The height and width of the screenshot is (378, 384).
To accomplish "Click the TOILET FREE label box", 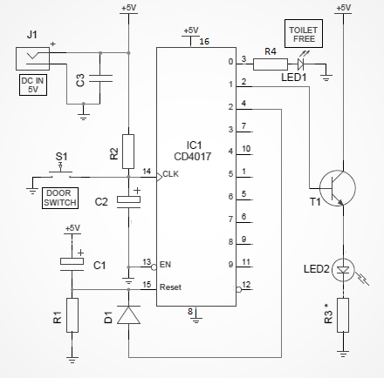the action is pos(304,34).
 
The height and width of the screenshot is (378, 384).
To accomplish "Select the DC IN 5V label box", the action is pos(33,84).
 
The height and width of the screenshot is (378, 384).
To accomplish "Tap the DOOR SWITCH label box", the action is pos(60,198).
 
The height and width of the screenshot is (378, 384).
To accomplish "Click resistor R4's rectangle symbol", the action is pos(271,64).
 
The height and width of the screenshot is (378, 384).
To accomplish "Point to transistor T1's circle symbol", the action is pos(337,188).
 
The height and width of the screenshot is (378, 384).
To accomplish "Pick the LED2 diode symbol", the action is pos(343,270).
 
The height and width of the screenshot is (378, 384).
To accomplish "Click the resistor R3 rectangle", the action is pos(343,315).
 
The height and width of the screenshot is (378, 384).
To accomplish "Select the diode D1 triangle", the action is pos(128,314).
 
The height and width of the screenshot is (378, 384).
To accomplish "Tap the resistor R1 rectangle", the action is pos(72,315).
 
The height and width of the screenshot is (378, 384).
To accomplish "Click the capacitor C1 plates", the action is pos(72,263).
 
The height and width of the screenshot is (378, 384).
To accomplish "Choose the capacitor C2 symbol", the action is pos(128,201).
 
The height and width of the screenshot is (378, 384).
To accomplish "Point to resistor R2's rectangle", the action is pos(128,152).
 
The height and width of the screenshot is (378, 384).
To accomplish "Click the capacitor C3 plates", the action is pos(100,78).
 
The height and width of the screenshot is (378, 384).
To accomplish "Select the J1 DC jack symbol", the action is pos(32,58).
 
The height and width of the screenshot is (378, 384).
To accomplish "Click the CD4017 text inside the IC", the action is pos(193,157).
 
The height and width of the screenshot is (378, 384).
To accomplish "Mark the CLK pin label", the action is pos(171,174).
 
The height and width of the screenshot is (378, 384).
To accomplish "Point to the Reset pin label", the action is pos(170,287).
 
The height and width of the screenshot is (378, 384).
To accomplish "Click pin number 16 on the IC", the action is pos(204,42).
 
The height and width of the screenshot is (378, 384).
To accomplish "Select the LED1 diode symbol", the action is pos(301,64).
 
